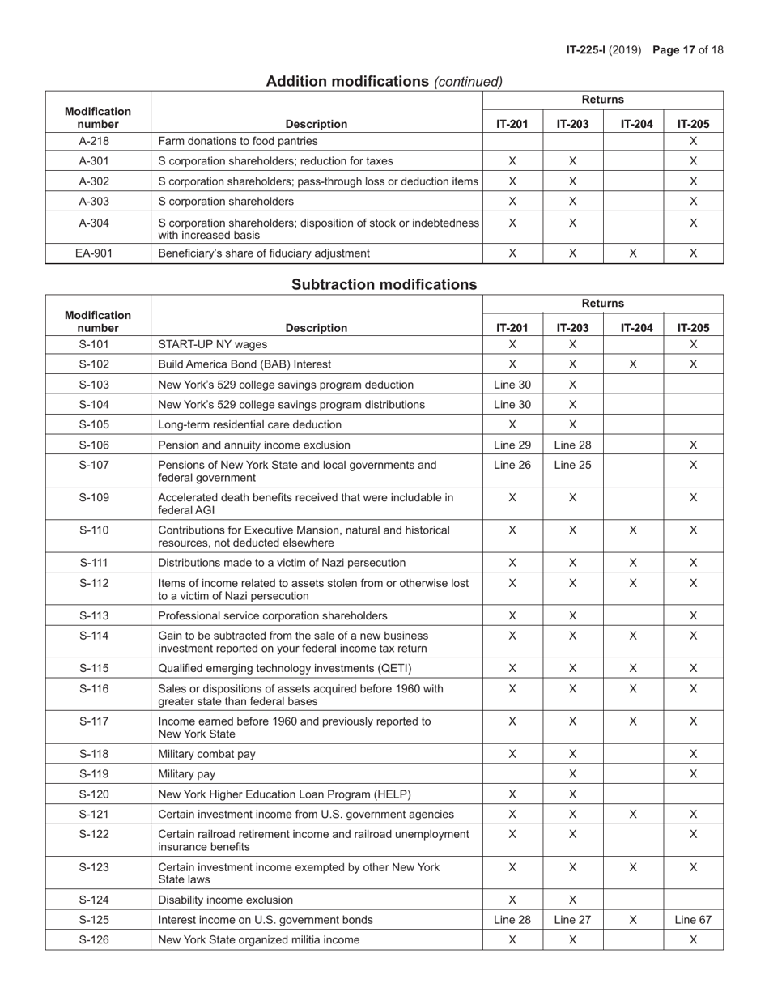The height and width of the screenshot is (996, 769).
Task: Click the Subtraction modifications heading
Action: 384,285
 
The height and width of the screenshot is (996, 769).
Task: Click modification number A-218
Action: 98,141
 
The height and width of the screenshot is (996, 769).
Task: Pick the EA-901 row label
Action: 98,253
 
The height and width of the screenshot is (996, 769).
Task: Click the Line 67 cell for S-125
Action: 693,920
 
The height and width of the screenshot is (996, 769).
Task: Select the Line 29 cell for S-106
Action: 512,445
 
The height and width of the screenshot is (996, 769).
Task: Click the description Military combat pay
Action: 206,754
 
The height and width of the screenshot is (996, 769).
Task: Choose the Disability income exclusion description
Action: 225,900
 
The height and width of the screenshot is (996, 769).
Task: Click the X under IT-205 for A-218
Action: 693,141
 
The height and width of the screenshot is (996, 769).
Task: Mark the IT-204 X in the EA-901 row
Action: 633,253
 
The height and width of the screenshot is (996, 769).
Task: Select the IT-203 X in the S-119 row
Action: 572,774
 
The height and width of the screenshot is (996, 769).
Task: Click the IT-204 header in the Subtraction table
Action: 633,328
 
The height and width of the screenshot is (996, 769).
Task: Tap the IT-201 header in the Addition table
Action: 512,124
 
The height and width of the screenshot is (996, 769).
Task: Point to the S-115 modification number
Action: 98,669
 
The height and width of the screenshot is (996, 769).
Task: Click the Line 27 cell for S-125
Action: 572,920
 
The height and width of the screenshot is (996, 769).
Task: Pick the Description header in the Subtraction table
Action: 317,328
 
